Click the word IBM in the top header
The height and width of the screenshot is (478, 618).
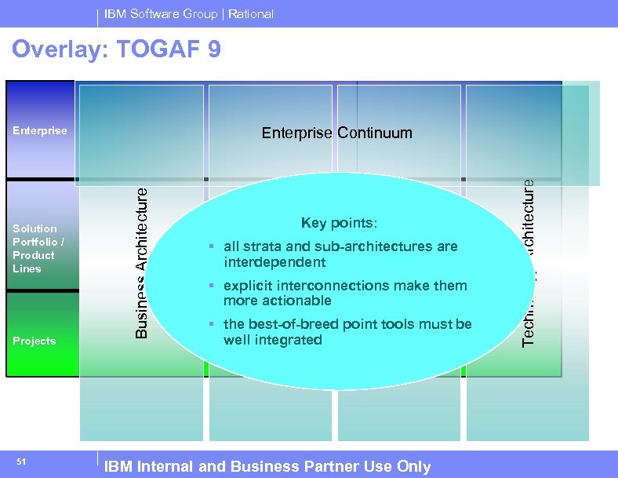coord(115,13)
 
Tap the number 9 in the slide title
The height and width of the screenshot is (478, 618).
coord(214,49)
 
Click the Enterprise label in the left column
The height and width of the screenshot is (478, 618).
coord(40,130)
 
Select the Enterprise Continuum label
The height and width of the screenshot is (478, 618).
coord(336,133)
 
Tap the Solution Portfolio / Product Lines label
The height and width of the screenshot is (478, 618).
coord(35,248)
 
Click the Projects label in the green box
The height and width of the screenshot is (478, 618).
coord(35,341)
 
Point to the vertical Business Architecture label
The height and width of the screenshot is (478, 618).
coord(141,257)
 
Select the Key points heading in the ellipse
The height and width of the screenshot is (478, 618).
coord(339,223)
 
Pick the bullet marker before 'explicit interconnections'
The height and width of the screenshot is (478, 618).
coord(212,286)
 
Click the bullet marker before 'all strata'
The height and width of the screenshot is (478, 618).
coord(212,247)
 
